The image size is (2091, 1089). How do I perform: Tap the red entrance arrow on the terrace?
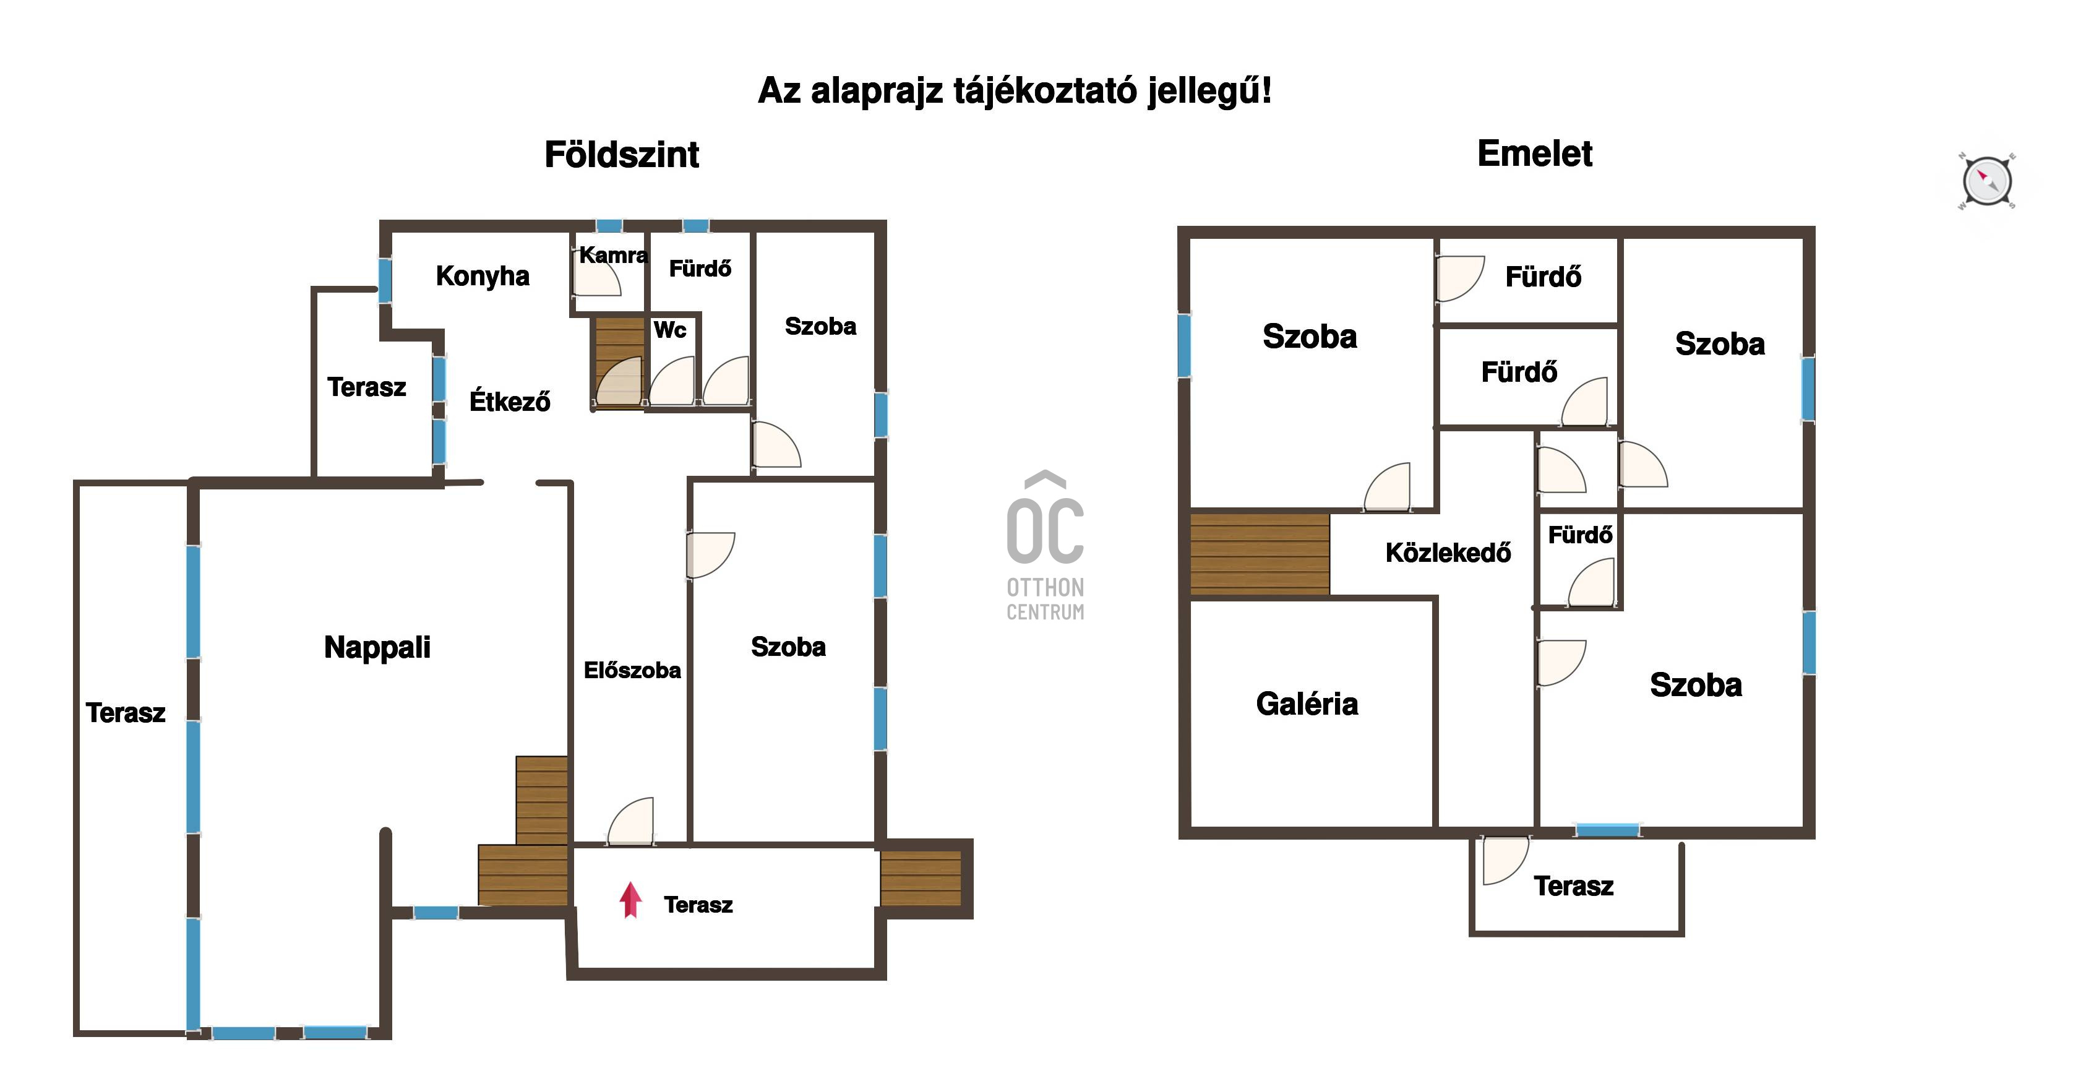click(x=631, y=900)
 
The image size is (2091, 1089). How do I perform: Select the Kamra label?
click(x=613, y=255)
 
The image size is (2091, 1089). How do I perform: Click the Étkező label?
click(x=510, y=401)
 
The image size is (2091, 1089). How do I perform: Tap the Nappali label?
click(x=377, y=647)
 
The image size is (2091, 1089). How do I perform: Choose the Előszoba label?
click(x=632, y=670)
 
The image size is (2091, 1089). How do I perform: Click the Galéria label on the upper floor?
click(x=1307, y=704)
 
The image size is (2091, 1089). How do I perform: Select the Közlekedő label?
click(x=1448, y=552)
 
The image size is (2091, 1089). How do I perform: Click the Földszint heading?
click(x=622, y=154)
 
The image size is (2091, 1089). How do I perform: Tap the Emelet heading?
click(x=1535, y=153)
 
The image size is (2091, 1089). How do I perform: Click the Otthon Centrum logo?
click(x=1045, y=546)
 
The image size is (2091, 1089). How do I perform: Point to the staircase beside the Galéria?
click(x=1260, y=554)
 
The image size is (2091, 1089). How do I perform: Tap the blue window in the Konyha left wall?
click(x=385, y=280)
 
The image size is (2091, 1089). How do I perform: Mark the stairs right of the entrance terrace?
click(x=921, y=878)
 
